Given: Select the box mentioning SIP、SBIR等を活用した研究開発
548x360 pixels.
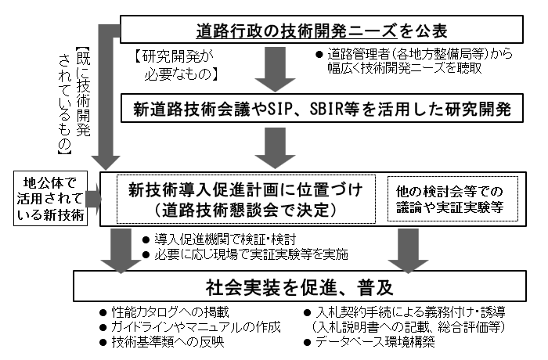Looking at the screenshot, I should pyautogui.click(x=321, y=110).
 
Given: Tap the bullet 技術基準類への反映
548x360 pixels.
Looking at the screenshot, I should pyautogui.click(x=157, y=341).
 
